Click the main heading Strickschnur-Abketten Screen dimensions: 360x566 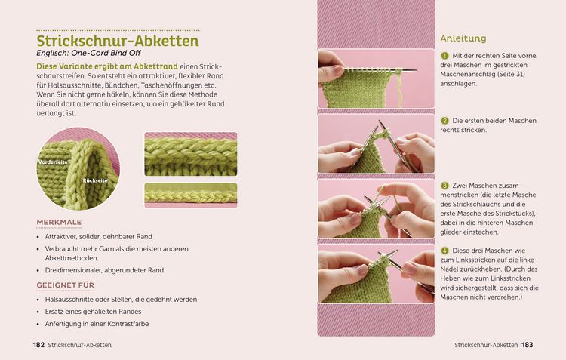tap(118, 41)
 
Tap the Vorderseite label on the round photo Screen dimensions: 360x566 tap(54, 162)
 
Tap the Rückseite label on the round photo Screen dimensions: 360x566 tap(95, 181)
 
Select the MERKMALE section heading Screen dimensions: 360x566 tap(59, 223)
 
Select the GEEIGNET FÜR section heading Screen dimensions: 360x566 tap(65, 285)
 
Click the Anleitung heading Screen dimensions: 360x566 tap(463, 38)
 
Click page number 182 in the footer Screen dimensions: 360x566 tap(38, 345)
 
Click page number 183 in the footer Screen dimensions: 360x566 tap(527, 345)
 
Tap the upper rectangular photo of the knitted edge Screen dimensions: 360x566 tap(191, 154)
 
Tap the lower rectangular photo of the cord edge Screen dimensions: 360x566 tap(191, 195)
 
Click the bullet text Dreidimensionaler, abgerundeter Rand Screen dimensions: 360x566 tap(105, 270)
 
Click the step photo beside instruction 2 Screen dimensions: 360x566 tap(376, 143)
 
